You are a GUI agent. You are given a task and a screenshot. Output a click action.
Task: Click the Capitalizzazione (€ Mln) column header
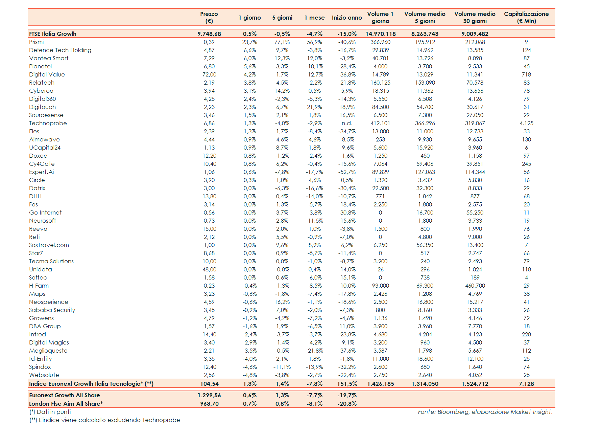coord(526,17)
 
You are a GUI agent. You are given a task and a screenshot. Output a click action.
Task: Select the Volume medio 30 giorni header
coord(475,17)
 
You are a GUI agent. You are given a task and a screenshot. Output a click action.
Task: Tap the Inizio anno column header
coord(346,18)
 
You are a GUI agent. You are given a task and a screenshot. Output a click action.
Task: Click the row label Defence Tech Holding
coord(60,50)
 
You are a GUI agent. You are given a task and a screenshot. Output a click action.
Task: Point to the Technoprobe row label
coord(48,123)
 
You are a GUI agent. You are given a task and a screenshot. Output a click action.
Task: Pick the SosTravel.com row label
coord(49,245)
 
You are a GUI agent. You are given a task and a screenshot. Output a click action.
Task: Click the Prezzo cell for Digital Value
coord(209,74)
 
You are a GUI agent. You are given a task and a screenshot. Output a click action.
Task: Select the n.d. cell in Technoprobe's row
coord(347,123)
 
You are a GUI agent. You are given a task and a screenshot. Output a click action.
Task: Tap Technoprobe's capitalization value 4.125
coord(526,123)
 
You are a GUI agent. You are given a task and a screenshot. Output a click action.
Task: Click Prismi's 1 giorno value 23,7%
coord(249,42)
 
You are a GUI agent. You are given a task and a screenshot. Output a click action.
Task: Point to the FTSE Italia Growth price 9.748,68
coord(209,34)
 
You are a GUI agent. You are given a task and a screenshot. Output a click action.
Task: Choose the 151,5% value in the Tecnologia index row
coord(347,384)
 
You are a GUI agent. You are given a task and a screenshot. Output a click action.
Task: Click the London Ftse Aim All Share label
coord(66,404)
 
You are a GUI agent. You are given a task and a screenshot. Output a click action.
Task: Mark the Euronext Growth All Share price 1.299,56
coord(209,395)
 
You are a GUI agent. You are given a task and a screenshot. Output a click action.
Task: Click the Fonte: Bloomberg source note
coord(485,412)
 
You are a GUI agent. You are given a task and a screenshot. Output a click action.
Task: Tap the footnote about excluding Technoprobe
coord(105,420)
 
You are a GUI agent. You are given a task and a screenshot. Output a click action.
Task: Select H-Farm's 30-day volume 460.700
coord(475,286)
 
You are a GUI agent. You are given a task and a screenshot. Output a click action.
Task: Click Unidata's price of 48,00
coord(209,269)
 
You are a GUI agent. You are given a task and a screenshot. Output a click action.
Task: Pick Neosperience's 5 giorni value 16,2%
coord(282,302)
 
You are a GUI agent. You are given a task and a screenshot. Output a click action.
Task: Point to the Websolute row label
coord(44,375)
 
